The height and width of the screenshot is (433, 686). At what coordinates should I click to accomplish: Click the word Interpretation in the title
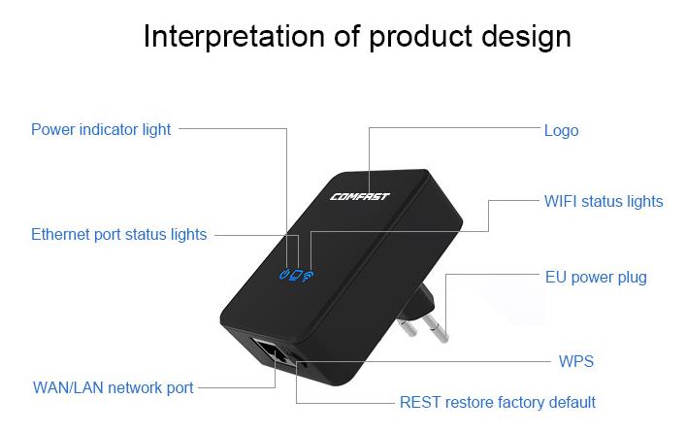234,36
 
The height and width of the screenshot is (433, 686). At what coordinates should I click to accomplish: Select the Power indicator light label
101,130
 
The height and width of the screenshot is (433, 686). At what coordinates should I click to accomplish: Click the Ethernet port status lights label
119,235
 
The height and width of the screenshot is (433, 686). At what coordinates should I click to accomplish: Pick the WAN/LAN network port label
113,388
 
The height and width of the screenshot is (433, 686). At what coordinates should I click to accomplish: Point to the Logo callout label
561,131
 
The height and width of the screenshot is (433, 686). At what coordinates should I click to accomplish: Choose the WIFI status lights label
604,201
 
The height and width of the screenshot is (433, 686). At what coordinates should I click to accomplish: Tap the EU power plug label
596,278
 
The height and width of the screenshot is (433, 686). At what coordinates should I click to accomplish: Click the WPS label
576,361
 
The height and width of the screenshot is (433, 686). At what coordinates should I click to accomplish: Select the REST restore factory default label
498,402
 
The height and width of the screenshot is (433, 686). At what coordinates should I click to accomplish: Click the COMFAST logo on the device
360,196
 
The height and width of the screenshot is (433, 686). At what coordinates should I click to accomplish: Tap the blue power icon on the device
284,275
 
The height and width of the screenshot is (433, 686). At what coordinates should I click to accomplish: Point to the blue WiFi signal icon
308,277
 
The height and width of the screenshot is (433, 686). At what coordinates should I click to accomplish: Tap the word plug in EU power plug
632,278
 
